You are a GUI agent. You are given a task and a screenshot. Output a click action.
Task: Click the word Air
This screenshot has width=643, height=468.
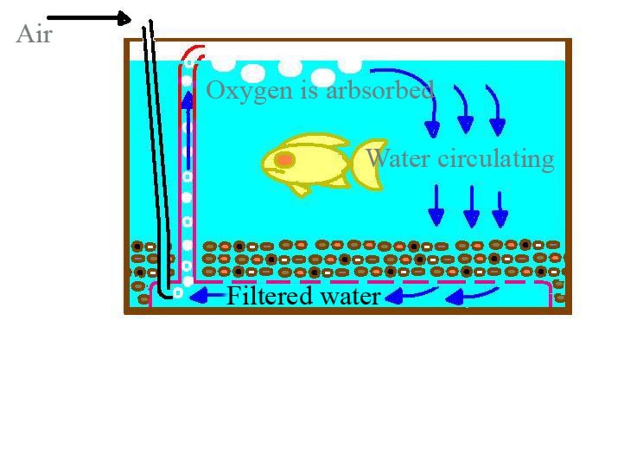pos(34,35)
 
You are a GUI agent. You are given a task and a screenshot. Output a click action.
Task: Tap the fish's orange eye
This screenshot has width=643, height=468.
pos(283,159)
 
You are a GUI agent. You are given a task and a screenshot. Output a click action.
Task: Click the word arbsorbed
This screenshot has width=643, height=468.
pos(380,90)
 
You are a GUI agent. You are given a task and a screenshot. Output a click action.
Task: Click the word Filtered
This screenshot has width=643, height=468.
pos(270,295)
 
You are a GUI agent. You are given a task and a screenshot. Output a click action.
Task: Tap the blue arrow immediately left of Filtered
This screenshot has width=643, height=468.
pos(206,295)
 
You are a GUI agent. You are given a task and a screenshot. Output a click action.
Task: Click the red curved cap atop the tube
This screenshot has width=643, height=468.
pos(193,53)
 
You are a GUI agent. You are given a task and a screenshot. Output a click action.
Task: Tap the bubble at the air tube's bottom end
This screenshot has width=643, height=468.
pos(177,293)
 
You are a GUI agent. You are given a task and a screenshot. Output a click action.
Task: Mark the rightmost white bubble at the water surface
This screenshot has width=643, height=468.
pos(350,65)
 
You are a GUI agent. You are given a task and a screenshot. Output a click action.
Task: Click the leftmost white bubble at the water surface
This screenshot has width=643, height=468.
pos(223,64)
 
